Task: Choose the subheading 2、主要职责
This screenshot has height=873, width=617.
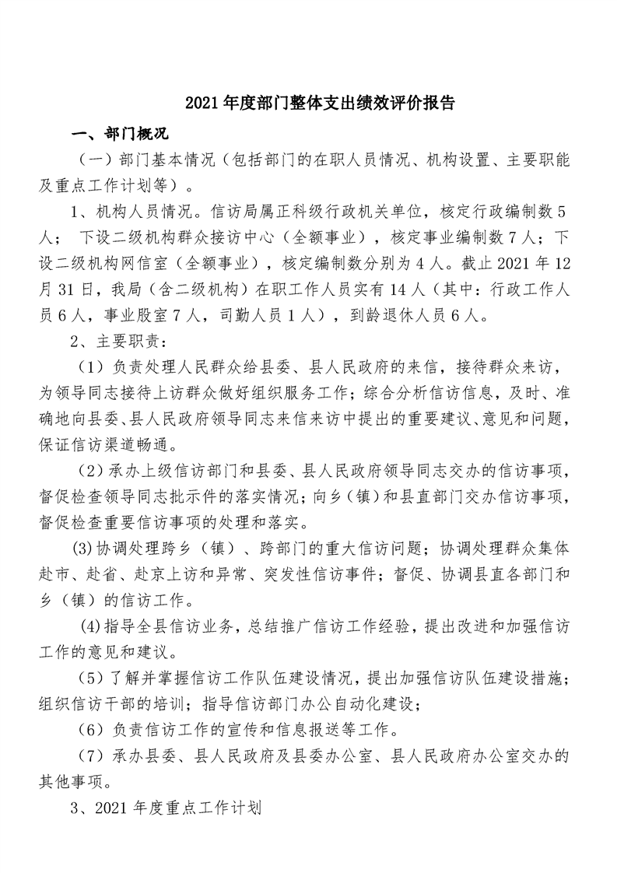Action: click(x=113, y=340)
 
